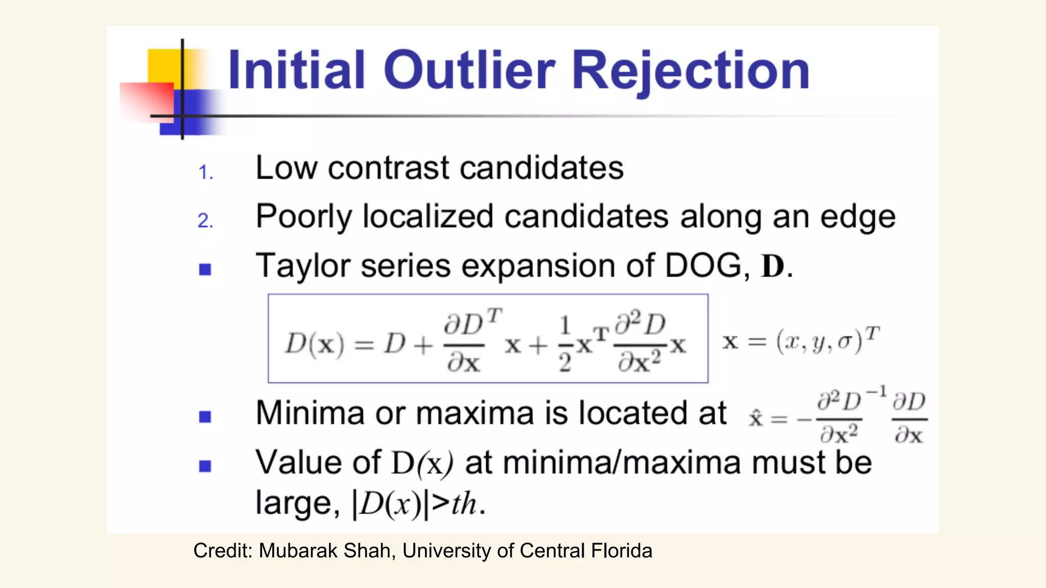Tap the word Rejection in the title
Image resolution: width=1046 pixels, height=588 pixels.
691,71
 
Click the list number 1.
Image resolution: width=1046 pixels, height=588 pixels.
205,173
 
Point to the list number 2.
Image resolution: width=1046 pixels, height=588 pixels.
205,221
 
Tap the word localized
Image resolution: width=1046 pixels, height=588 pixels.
427,217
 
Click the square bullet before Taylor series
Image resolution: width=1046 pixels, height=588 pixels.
205,269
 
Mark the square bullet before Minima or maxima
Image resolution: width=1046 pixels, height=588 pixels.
205,417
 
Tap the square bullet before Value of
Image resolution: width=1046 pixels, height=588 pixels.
205,466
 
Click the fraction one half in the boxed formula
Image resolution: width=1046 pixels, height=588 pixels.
564,345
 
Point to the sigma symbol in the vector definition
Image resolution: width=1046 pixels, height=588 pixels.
845,341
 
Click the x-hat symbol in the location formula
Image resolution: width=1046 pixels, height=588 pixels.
755,419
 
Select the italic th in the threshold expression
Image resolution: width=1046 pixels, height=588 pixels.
464,504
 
